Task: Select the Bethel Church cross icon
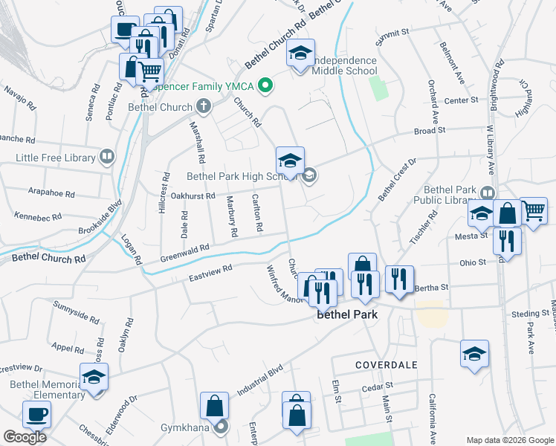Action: (x=202, y=107)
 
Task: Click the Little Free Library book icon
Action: (x=108, y=158)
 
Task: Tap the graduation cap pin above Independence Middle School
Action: (x=300, y=54)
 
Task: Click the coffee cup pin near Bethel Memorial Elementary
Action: (x=36, y=413)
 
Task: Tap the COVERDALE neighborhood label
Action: (x=386, y=365)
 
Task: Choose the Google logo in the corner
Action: (x=24, y=437)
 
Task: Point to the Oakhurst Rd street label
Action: (x=193, y=196)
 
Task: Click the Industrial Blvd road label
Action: (x=260, y=380)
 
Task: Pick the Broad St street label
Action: (x=429, y=130)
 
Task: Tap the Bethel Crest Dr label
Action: (x=397, y=178)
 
